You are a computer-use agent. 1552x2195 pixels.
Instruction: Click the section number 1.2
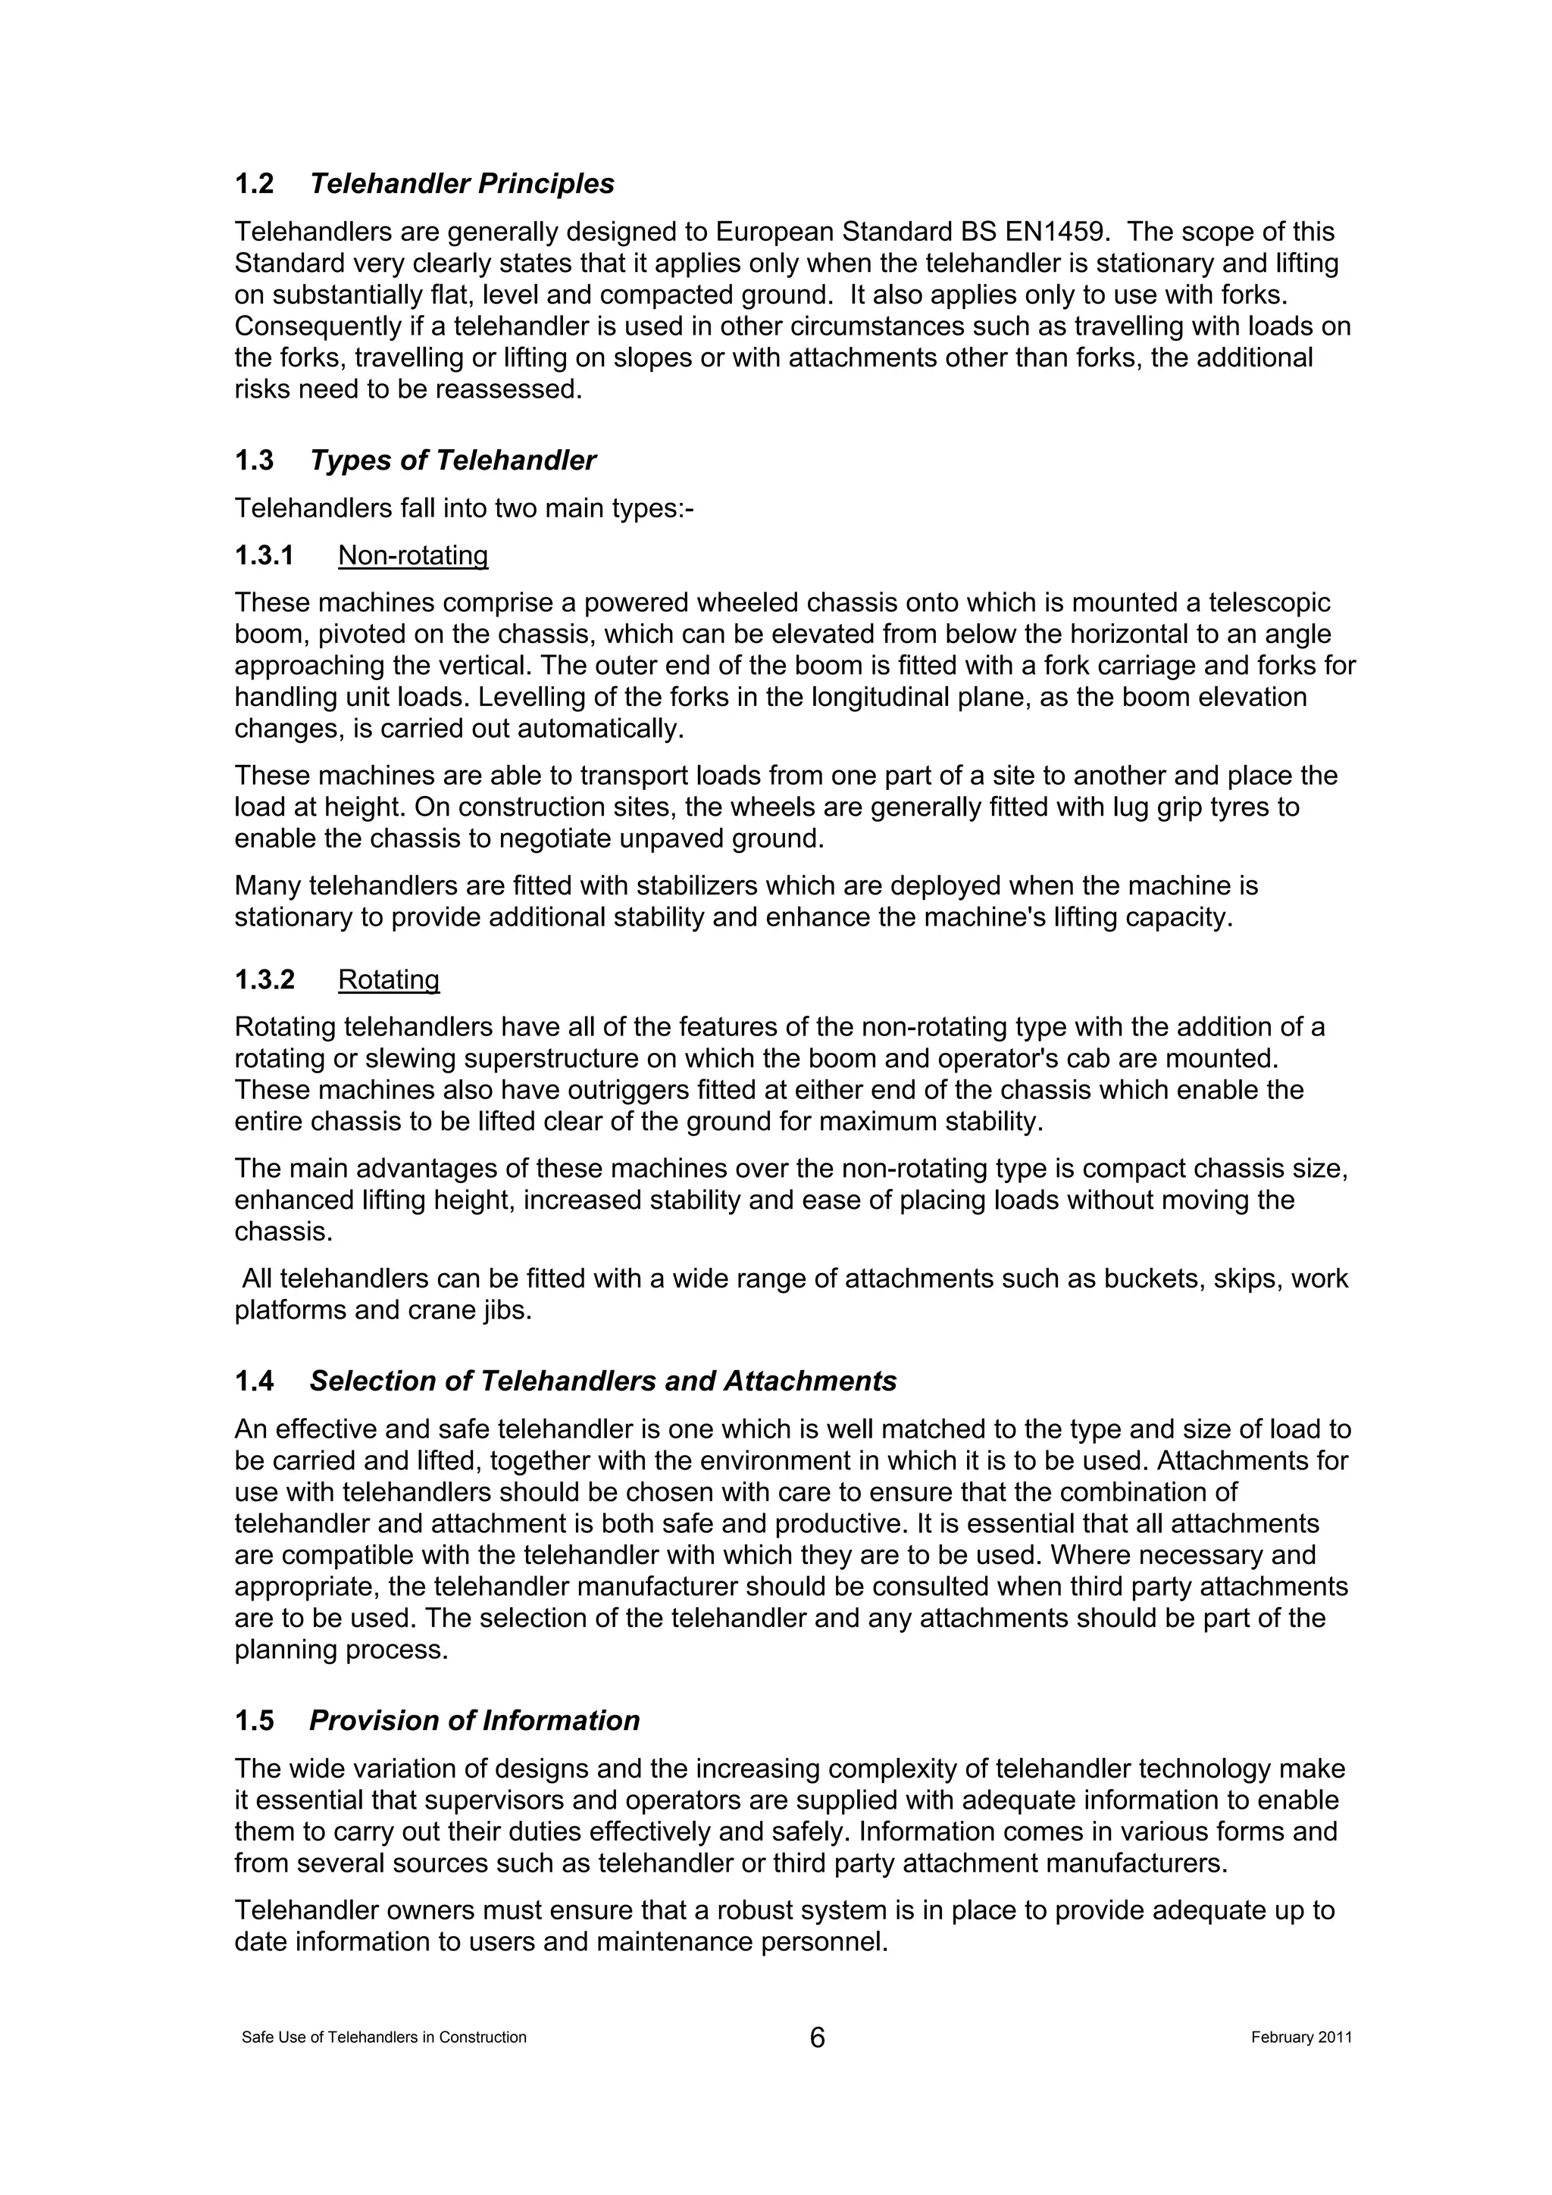(x=255, y=183)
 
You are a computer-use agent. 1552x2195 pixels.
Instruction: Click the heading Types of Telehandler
(x=452, y=461)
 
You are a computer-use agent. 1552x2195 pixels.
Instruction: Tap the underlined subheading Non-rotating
(x=413, y=555)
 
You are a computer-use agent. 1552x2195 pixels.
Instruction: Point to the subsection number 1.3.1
(x=264, y=555)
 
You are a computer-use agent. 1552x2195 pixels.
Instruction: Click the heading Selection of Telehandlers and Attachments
(x=602, y=1382)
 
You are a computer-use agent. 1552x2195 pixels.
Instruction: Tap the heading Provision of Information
(x=474, y=1721)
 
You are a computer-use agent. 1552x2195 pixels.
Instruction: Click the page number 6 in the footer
(x=817, y=2037)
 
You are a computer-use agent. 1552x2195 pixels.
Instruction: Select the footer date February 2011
(x=1300, y=2037)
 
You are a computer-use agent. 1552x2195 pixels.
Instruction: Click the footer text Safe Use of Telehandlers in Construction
(x=384, y=2037)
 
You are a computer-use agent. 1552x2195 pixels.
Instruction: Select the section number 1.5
(x=255, y=1721)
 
